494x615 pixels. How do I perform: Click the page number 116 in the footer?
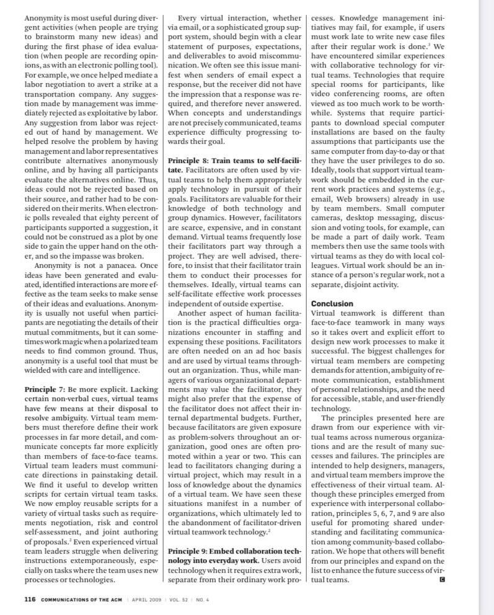(x=30, y=599)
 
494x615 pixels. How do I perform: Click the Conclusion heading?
(x=332, y=304)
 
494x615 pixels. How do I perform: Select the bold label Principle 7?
(x=47, y=389)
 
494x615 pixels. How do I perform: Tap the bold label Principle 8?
(x=188, y=161)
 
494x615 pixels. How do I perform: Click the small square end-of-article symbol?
(x=442, y=580)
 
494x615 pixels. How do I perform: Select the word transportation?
(x=53, y=85)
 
